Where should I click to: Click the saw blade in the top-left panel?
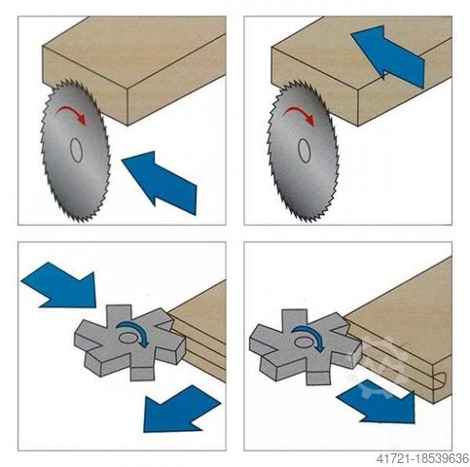point(76,151)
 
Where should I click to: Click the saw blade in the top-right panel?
point(303,151)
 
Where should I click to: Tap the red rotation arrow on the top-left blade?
point(72,114)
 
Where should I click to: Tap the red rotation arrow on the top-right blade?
point(301,114)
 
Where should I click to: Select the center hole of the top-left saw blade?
point(76,150)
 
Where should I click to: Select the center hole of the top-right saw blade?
point(305,151)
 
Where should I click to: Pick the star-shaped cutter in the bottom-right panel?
point(305,345)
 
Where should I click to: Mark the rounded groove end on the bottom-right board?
point(442,379)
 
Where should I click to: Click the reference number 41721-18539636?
point(422,459)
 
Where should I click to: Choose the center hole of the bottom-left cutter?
point(127,338)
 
